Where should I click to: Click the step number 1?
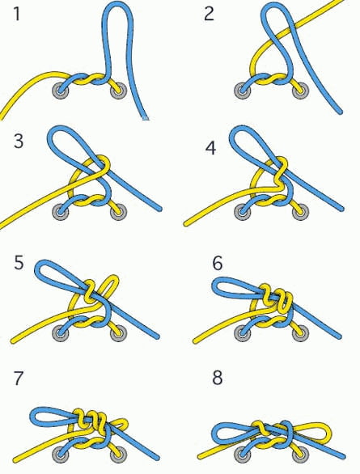(17, 14)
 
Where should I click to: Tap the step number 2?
(209, 14)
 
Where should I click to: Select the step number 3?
(19, 141)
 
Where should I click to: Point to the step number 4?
(210, 148)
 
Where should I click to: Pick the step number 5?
(19, 262)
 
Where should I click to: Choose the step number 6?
(218, 263)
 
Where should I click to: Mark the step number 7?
(19, 378)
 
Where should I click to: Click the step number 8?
(218, 377)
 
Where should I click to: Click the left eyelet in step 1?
(61, 91)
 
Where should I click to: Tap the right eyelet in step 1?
(118, 91)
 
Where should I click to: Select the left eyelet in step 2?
(243, 91)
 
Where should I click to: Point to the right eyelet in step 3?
(118, 212)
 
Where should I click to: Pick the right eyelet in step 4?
(301, 212)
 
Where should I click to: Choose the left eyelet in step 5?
(61, 334)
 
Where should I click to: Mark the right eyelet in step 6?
(301, 333)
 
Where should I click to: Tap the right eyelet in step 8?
(301, 455)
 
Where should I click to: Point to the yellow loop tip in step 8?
(329, 433)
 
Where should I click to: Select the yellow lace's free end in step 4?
(186, 224)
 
